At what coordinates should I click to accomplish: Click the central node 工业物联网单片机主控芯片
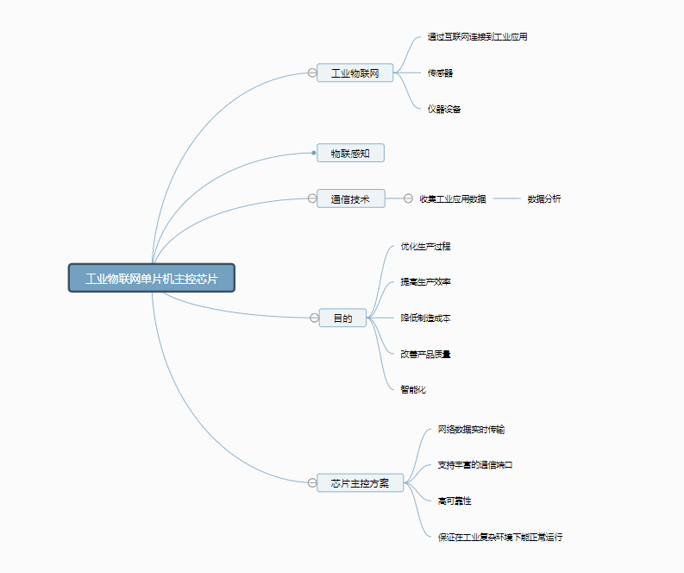tap(152, 279)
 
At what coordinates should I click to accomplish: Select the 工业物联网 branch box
tap(355, 73)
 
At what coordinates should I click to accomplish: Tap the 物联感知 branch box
tap(350, 154)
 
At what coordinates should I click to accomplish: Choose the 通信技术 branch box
tap(350, 198)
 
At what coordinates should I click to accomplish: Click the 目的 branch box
tap(342, 318)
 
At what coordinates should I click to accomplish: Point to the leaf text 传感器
tap(440, 73)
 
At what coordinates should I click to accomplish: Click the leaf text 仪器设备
tap(444, 110)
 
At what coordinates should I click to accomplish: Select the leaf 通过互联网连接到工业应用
tap(477, 37)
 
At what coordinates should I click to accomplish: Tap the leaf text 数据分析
tap(544, 198)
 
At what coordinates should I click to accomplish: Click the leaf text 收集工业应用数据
tap(453, 198)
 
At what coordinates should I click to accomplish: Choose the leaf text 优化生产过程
tap(425, 246)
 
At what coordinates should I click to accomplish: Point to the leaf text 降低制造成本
tap(425, 318)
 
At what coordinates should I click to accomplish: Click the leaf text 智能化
tap(413, 389)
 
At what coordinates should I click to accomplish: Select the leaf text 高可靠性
tap(455, 501)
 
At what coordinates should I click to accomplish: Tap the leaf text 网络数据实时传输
tap(477, 429)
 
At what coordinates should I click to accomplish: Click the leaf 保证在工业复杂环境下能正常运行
tap(500, 537)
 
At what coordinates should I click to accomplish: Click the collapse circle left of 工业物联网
tap(312, 73)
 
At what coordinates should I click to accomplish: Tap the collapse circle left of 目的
tap(314, 318)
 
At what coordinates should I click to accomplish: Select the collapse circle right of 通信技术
tap(409, 198)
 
